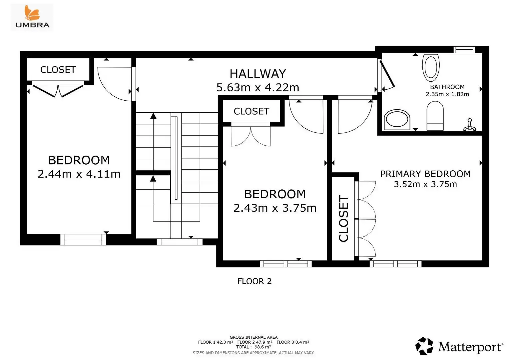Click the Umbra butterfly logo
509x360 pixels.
32,13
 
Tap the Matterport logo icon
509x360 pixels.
424,346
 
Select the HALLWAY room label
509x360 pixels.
258,74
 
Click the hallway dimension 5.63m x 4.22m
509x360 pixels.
258,88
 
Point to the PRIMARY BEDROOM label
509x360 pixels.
425,174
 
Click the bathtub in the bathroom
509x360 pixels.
431,68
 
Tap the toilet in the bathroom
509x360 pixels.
435,116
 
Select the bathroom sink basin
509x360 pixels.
397,120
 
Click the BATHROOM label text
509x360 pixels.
447,87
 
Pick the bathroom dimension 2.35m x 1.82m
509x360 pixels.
447,94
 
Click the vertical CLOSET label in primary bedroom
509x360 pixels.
343,218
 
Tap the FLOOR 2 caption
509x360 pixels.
254,281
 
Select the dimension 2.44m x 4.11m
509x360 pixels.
79,174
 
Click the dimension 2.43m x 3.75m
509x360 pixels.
275,208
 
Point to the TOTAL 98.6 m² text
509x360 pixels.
254,347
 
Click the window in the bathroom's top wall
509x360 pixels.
464,50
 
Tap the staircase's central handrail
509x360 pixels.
176,158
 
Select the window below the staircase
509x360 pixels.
180,242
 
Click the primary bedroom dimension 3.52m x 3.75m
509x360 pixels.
425,184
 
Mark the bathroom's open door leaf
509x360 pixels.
387,74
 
